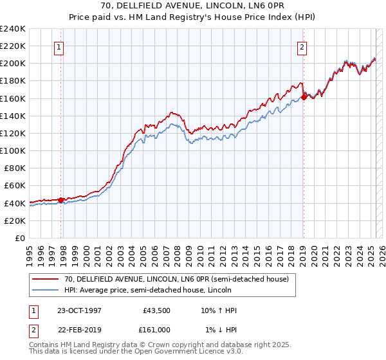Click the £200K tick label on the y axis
(13, 64)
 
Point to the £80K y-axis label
(15, 168)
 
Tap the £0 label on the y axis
(21, 238)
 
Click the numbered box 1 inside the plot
(59, 46)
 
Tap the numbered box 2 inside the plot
(302, 46)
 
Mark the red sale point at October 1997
(61, 200)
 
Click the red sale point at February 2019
(304, 98)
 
